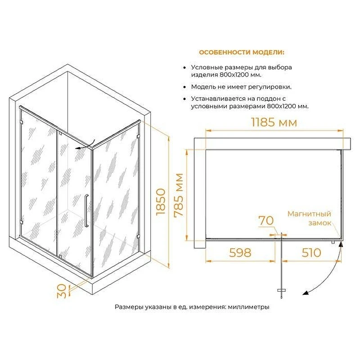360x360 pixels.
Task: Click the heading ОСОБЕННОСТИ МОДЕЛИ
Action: pos(242,52)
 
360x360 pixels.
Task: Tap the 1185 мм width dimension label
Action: pos(274,122)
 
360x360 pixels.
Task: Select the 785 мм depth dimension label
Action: pos(179,195)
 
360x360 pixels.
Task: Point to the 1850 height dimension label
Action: pos(161,202)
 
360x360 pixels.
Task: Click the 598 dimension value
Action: pos(240,253)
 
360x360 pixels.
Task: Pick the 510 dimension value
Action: pos(311,253)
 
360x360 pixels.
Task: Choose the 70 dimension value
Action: pos(266,220)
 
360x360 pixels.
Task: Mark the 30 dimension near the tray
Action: pos(62,291)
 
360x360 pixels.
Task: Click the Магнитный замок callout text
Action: pos(309,218)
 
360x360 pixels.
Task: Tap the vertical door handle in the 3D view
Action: pos(86,211)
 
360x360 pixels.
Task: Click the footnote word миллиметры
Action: pos(248,307)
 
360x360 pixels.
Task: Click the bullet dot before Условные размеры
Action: pos(184,68)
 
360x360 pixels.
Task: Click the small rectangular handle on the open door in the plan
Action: pos(281,290)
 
